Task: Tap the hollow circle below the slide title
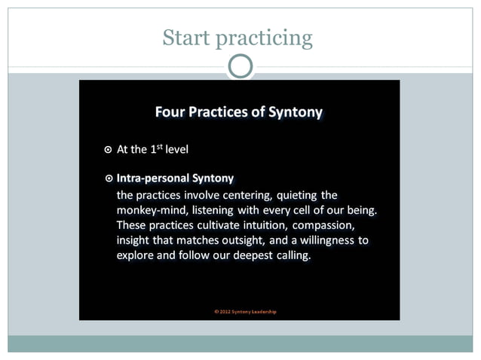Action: pyautogui.click(x=240, y=66)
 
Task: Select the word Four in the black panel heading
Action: pyautogui.click(x=170, y=112)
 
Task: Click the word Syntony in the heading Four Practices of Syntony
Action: pyautogui.click(x=296, y=113)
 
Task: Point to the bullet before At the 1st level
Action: pyautogui.click(x=109, y=149)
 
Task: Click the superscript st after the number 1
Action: pyautogui.click(x=161, y=146)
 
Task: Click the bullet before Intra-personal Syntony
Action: pyautogui.click(x=109, y=178)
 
